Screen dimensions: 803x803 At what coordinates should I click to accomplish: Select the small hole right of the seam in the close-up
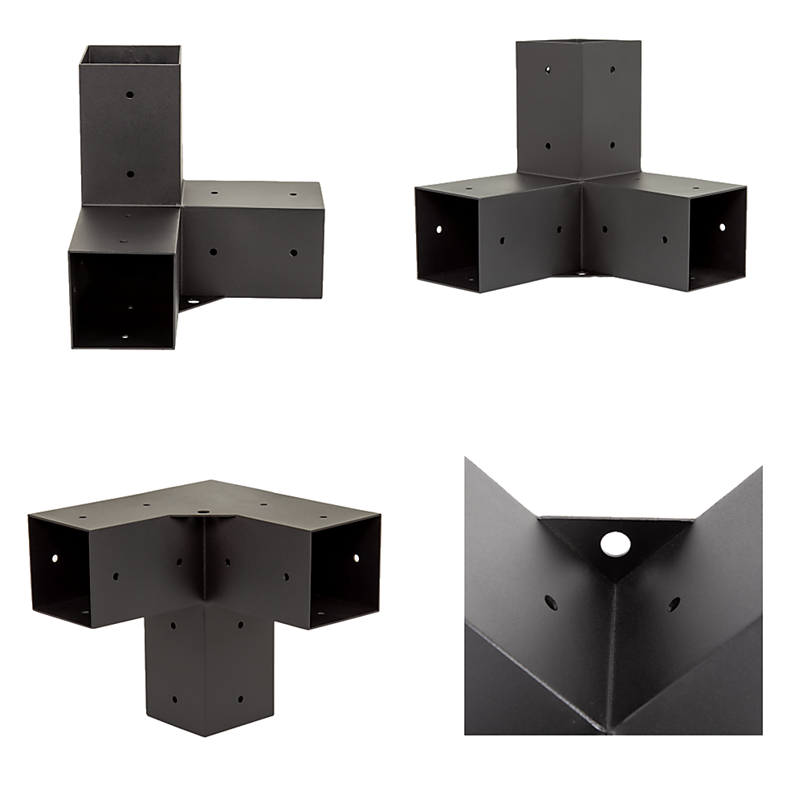point(673,602)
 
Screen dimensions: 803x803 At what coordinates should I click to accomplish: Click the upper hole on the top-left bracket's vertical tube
point(130,94)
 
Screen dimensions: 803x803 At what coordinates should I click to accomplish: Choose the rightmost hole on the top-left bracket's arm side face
point(293,253)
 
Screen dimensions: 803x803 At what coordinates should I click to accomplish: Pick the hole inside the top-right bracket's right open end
point(720,228)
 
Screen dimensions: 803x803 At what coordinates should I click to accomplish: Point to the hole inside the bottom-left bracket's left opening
point(55,557)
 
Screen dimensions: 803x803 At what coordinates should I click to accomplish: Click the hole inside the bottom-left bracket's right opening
point(355,555)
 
